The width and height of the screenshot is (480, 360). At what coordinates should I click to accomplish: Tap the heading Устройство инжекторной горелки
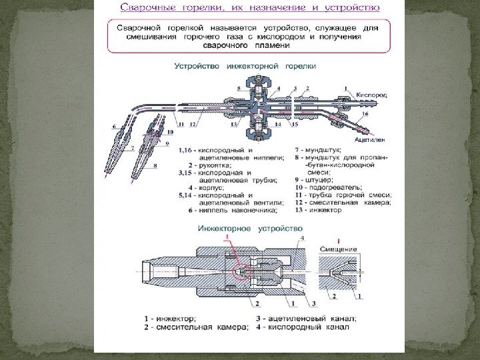[x=245, y=67]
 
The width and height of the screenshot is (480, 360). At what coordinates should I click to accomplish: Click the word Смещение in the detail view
[x=339, y=249]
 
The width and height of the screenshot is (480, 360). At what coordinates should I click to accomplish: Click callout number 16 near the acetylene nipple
[x=365, y=115]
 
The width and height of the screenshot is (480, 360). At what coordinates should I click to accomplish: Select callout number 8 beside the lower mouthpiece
[x=155, y=164]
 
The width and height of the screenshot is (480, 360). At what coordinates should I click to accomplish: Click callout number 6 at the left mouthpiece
[x=114, y=125]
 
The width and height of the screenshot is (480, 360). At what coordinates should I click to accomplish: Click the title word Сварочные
[x=151, y=9]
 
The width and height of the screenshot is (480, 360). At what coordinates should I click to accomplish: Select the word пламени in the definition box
[x=245, y=45]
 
